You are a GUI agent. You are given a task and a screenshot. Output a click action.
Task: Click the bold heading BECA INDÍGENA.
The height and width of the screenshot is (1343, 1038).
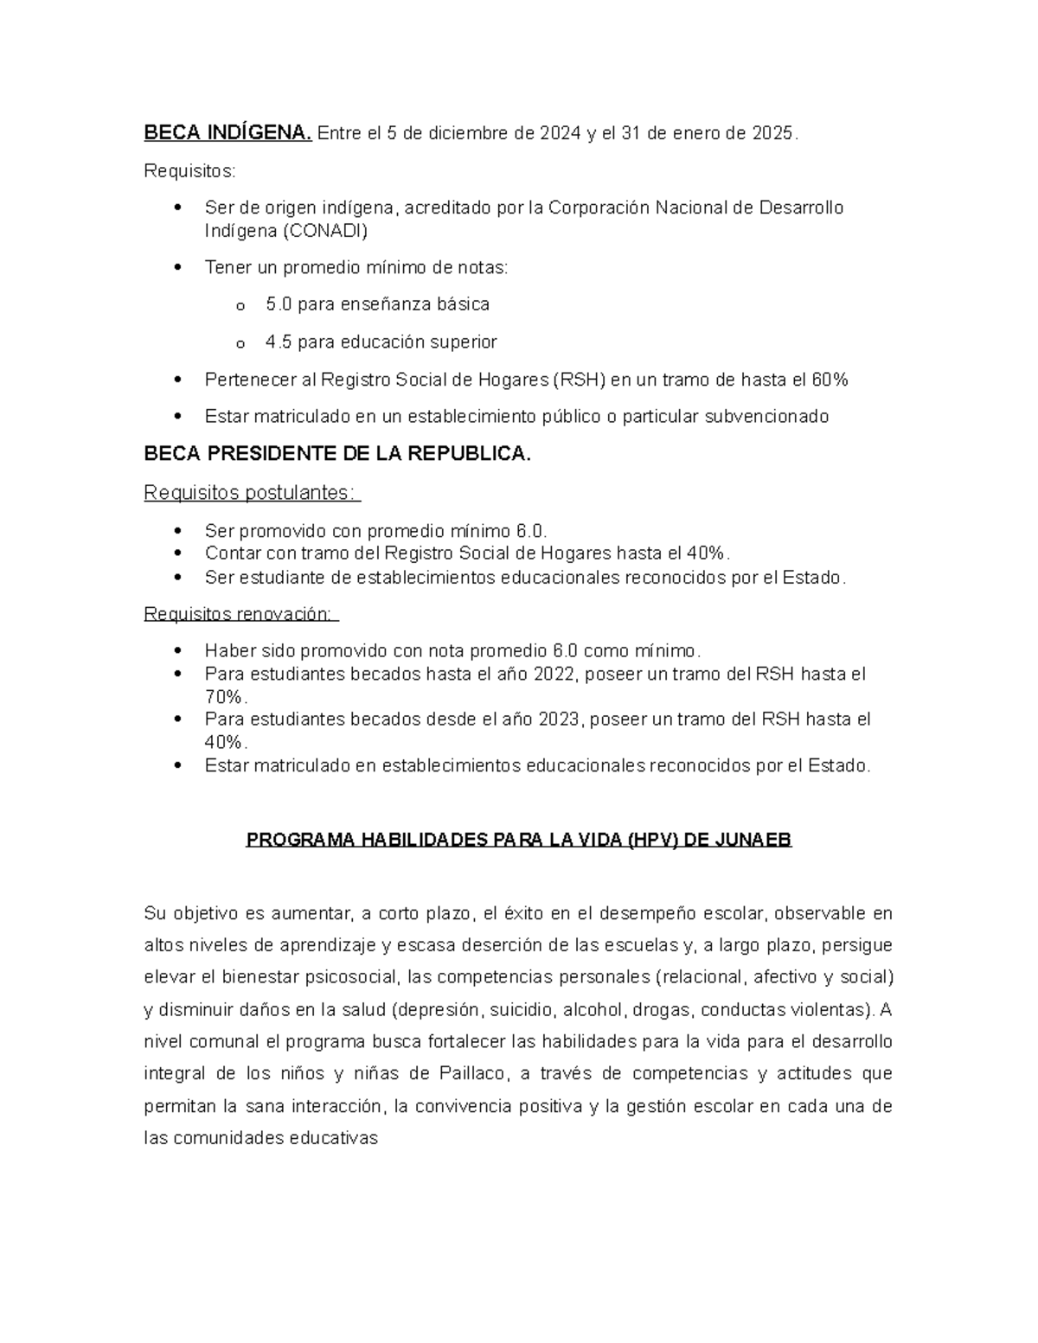pos(227,133)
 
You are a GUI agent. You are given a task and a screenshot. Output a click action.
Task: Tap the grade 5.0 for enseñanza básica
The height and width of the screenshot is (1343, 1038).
pos(279,304)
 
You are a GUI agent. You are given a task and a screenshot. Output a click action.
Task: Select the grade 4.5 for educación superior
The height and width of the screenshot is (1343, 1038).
pos(279,342)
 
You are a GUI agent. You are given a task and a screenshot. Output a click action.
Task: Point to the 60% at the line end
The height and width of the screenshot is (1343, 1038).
pos(830,380)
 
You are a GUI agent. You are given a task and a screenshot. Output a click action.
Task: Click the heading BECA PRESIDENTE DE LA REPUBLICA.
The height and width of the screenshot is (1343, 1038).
pos(337,454)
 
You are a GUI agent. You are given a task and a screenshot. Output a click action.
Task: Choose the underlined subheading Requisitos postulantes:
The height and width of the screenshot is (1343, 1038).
pos(250,493)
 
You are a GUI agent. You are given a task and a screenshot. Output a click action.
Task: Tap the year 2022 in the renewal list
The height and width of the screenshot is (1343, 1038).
pos(555,674)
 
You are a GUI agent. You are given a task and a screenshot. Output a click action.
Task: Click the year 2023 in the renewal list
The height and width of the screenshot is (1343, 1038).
pos(558,719)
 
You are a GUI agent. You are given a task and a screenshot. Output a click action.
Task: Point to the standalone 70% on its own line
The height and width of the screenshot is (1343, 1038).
pos(226,697)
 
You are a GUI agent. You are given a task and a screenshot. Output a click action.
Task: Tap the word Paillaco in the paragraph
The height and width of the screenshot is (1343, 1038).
pos(472,1074)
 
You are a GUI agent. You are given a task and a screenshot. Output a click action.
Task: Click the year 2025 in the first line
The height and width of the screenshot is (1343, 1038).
pos(772,133)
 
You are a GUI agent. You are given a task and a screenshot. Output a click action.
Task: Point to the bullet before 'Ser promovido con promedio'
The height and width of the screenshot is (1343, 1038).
pos(178,531)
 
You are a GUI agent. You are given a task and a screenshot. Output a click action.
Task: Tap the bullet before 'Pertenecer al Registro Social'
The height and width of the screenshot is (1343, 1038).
pos(178,380)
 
